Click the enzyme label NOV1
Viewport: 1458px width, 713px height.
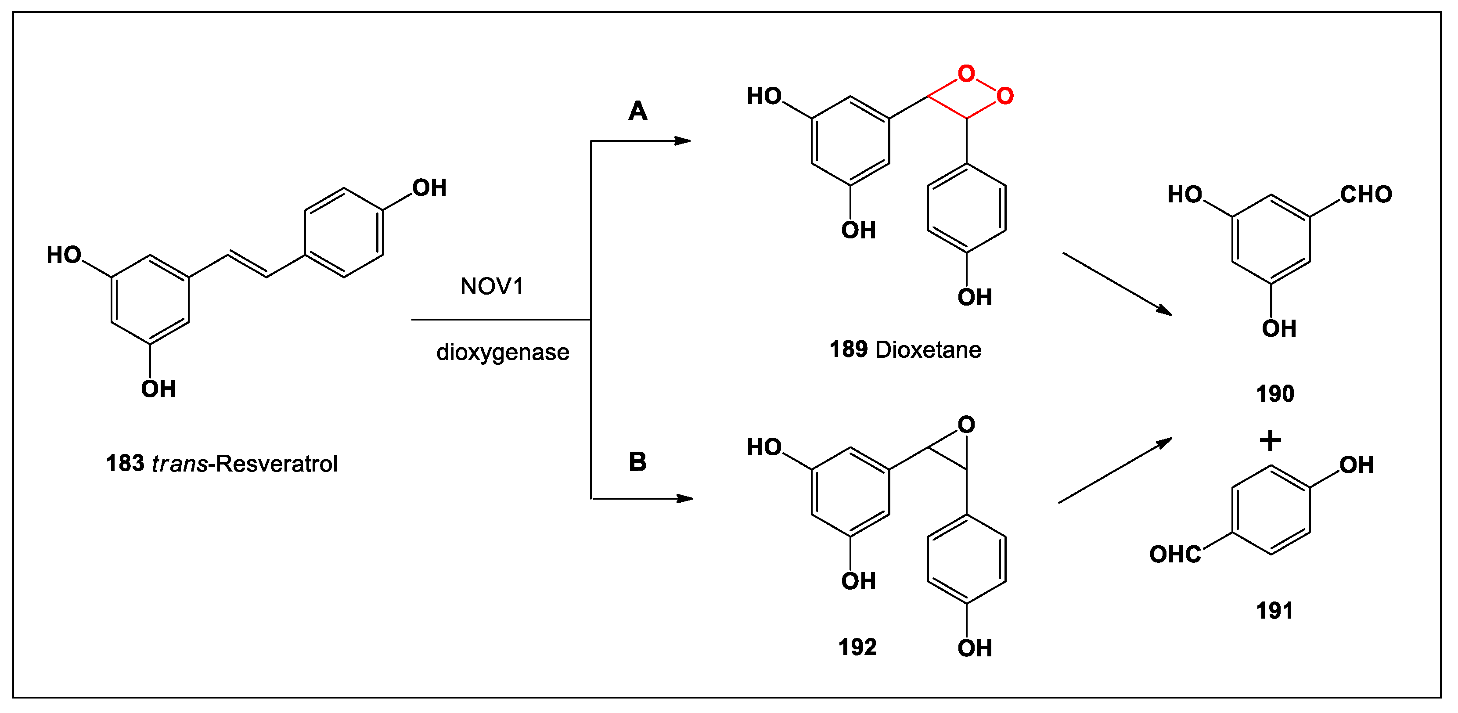tap(492, 286)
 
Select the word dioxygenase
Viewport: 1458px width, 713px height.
tap(503, 353)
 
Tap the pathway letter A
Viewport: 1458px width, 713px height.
tap(637, 111)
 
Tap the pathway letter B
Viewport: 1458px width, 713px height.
tap(637, 462)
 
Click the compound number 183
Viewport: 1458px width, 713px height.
tap(125, 464)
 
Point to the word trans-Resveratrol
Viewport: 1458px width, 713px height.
tap(245, 464)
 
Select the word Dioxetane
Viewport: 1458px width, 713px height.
tap(928, 350)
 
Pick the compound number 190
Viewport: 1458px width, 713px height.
tap(1275, 394)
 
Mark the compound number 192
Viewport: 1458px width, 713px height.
tap(857, 647)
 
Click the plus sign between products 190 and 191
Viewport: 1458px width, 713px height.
tap(1270, 440)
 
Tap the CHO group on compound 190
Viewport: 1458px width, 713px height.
tap(1366, 194)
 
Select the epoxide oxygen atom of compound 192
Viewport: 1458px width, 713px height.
tap(966, 425)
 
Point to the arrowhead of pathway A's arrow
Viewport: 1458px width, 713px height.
tap(683, 140)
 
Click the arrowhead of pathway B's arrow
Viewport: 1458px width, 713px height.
tap(685, 499)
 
